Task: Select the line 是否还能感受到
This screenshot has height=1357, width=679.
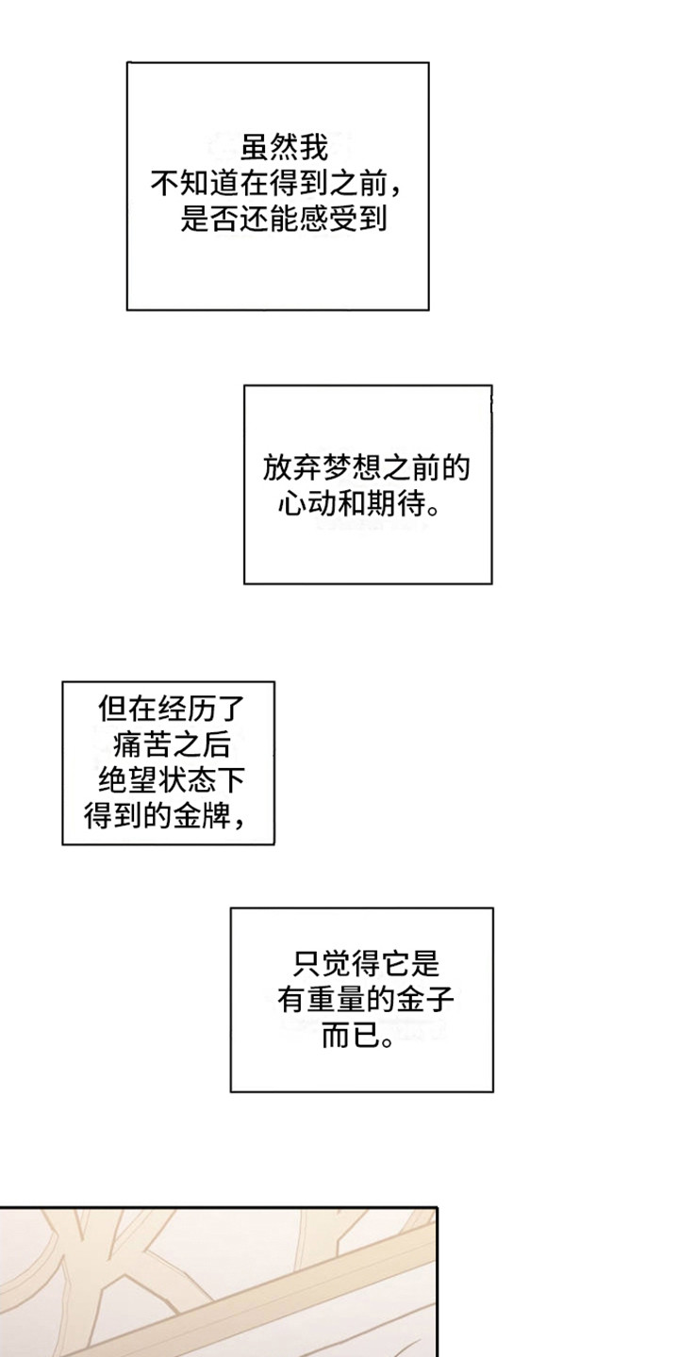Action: tap(283, 221)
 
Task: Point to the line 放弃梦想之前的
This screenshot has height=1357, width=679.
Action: tap(367, 468)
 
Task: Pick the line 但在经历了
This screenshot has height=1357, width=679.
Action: tap(168, 709)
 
